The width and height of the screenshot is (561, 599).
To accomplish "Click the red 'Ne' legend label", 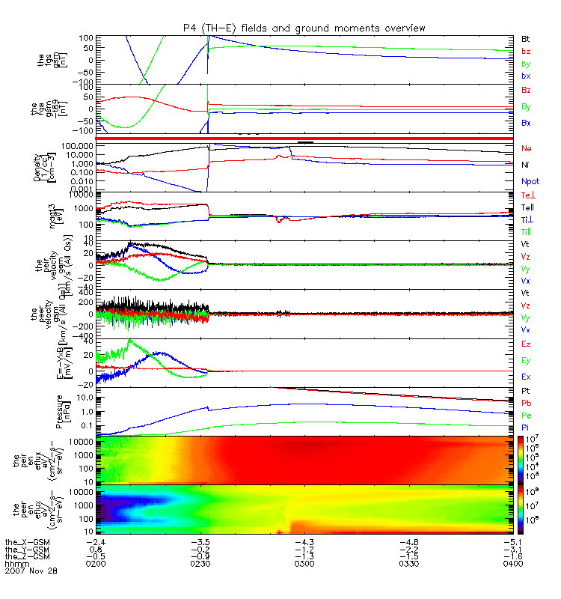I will click(x=526, y=149).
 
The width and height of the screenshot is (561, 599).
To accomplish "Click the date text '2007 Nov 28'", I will click(x=31, y=571).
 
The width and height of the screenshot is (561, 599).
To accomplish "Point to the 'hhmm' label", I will click(x=15, y=564).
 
